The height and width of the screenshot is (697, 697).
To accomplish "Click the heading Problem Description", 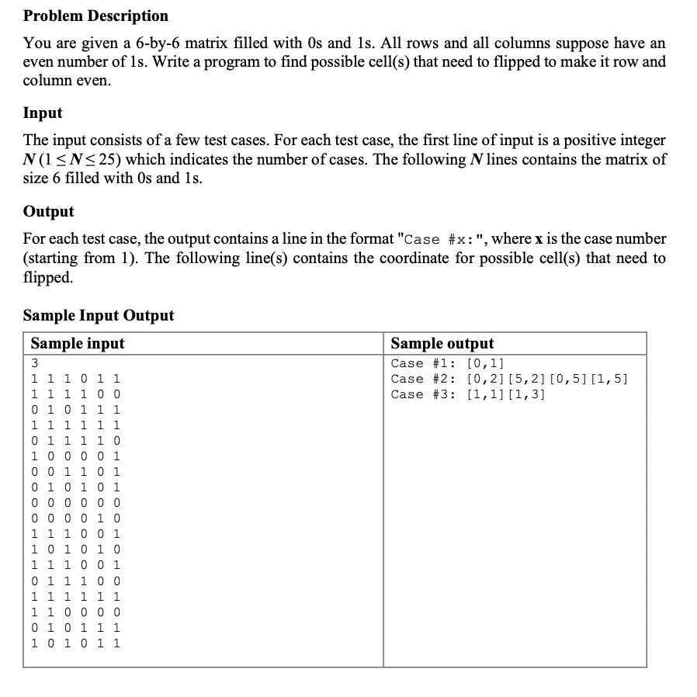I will coord(95,16).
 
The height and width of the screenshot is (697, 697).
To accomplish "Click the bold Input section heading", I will coord(43,113).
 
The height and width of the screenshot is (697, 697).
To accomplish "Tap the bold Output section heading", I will coord(48,211).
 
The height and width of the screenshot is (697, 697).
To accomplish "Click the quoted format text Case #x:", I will coord(442,240).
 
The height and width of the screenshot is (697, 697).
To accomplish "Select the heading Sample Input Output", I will coord(99,315).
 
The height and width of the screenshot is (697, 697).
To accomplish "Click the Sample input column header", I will coord(77,344).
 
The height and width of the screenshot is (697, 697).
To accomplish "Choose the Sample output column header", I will coord(442,344).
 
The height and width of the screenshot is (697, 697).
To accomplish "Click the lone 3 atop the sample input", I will coord(35,363).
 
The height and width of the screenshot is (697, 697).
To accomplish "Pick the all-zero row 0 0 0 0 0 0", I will coord(75,503).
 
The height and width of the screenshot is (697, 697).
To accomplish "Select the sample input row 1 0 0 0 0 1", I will coord(75,456).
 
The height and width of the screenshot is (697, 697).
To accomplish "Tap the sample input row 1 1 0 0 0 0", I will coord(75,612).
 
